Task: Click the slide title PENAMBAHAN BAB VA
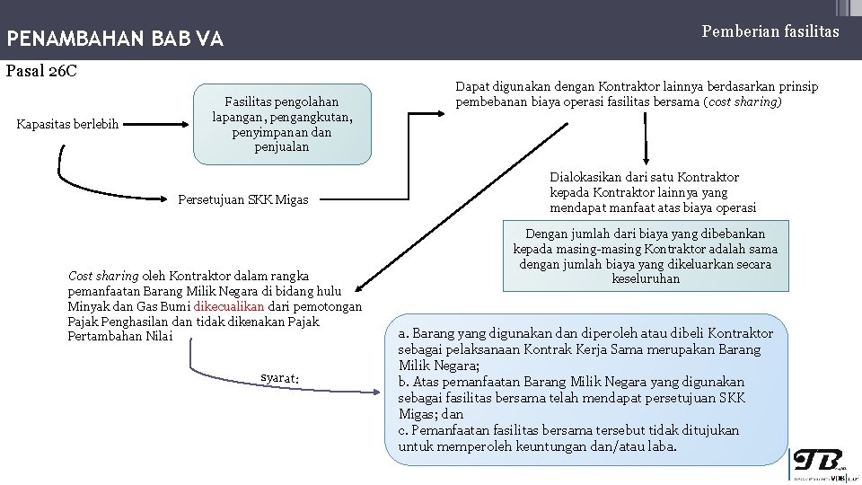click(115, 39)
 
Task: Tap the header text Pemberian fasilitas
click(770, 31)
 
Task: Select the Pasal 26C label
click(41, 71)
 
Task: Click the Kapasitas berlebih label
click(67, 124)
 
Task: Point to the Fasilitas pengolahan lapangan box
click(282, 124)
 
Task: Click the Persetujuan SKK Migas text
click(243, 199)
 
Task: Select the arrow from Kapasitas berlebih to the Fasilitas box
click(155, 124)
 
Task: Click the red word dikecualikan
click(229, 306)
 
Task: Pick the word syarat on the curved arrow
click(280, 378)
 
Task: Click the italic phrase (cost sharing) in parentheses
click(743, 101)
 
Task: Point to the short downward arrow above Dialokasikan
click(646, 138)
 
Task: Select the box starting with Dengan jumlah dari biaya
click(646, 256)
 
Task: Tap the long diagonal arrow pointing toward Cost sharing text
click(462, 207)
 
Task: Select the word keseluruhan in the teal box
click(646, 278)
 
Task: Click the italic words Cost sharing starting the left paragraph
click(103, 276)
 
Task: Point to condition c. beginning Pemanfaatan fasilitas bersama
click(568, 438)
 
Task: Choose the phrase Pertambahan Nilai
click(119, 336)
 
